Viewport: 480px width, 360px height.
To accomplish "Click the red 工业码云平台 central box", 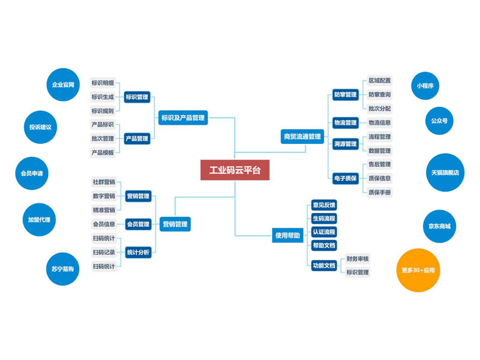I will coord(235,170).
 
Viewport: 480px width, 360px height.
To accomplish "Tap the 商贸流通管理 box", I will coord(302,136).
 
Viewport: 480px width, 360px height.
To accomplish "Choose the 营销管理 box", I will coord(175,224).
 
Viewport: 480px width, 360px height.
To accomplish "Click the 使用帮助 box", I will coord(287,236).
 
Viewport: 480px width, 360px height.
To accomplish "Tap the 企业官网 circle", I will coord(63,85).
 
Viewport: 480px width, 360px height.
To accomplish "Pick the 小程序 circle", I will coord(429,86).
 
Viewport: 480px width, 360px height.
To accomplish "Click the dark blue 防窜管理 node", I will coord(345,95).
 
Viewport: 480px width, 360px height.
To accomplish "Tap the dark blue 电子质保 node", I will coord(345,178).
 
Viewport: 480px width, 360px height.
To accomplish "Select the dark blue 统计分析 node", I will coord(139,253).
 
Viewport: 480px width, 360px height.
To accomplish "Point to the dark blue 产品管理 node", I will coord(137,139).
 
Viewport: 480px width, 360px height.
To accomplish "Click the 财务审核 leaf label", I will coord(358,259).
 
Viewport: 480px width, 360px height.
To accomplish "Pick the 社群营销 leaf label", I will coord(104,182).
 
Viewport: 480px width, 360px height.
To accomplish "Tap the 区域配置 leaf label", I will coord(379,80).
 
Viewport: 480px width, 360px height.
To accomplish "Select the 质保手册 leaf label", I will coord(379,192).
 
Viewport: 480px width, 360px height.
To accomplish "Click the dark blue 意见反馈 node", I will coord(324,205).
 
